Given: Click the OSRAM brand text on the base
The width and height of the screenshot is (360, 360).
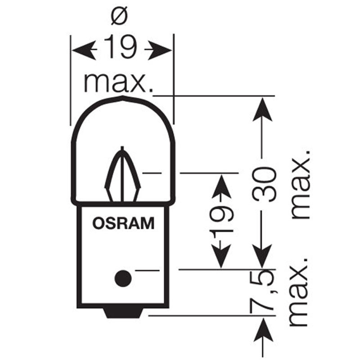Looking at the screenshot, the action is [123, 223].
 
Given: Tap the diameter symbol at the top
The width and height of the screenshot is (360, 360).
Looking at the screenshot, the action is [119, 16].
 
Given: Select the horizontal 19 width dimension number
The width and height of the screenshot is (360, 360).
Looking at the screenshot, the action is [120, 47].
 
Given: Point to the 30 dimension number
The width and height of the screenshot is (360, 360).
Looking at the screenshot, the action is [264, 184].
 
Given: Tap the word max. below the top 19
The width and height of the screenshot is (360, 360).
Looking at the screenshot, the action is [119, 83].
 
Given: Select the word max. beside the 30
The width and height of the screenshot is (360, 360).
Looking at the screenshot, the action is [301, 184].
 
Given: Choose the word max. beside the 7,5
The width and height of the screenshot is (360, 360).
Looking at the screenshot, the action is [298, 292].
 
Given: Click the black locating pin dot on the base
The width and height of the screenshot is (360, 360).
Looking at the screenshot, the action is [123, 279].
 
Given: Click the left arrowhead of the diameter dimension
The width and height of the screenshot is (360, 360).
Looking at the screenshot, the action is [84, 50].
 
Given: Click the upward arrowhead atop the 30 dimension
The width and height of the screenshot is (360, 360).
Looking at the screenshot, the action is [262, 109].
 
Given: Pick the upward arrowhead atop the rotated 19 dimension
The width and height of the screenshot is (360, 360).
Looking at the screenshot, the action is [221, 186].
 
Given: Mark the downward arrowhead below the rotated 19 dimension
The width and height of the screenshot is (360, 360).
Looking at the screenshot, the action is [220, 256].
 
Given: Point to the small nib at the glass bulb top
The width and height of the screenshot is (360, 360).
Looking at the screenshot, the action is [123, 99].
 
